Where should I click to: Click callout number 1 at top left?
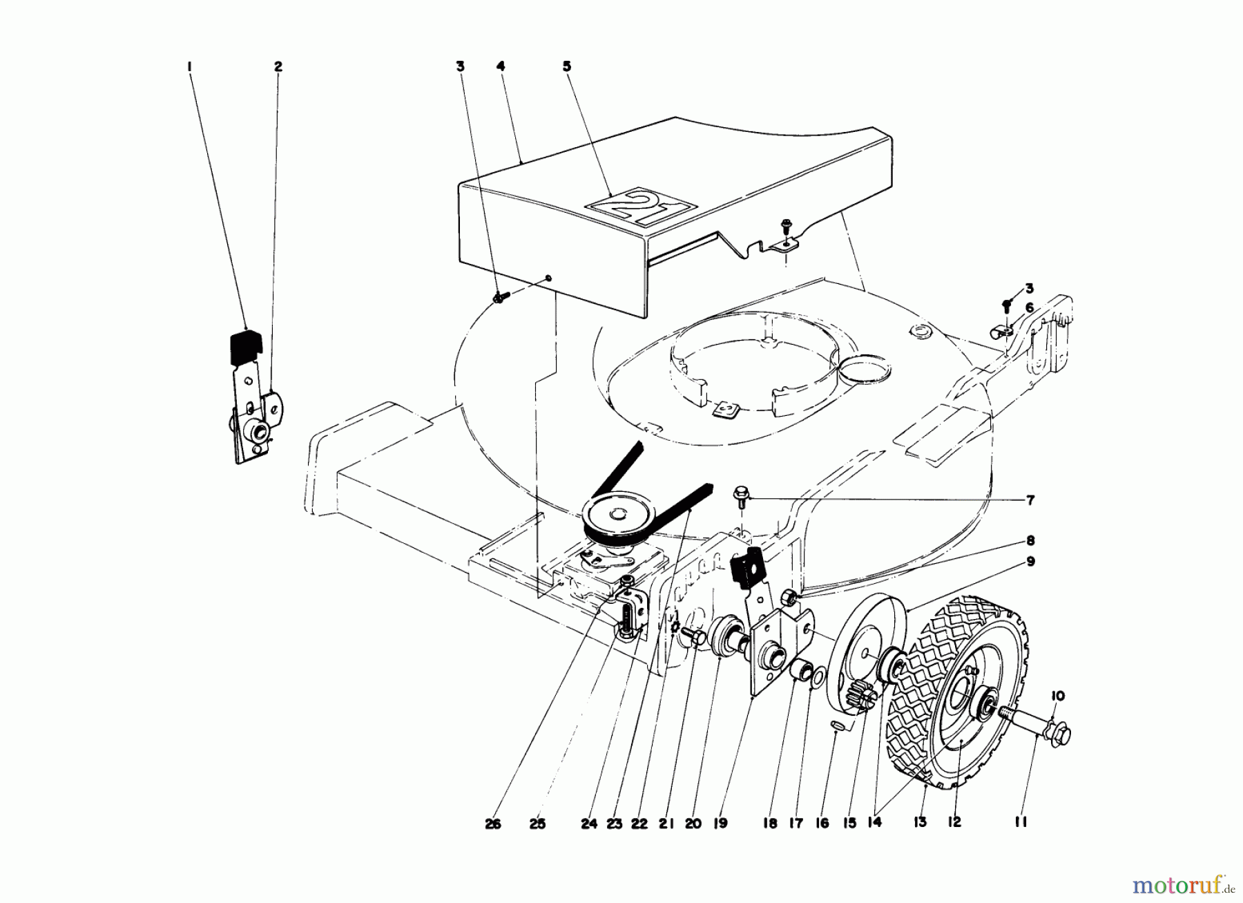tap(189, 67)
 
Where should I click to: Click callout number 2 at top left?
tap(278, 67)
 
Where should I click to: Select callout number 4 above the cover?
tap(501, 67)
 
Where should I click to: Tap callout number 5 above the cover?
tap(567, 67)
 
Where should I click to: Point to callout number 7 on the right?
tap(1030, 500)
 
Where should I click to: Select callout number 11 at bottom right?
tap(1021, 822)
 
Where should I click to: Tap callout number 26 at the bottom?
tap(492, 824)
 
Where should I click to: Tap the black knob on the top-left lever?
tap(245, 345)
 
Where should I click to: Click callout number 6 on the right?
tap(1030, 308)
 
